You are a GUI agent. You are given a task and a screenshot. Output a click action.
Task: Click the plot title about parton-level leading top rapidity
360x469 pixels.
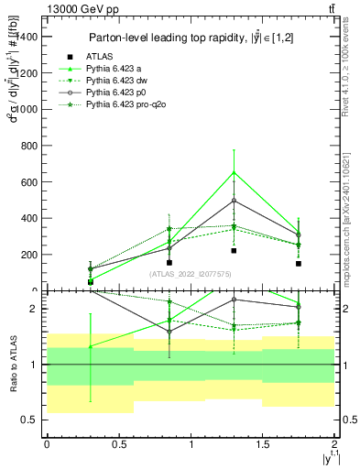(191, 38)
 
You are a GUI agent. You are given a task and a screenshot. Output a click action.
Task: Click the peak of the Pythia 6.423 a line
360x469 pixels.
(235, 171)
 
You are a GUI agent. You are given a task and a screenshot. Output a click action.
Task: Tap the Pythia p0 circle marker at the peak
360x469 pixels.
(235, 201)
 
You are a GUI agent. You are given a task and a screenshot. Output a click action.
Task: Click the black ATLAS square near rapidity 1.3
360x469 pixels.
(235, 251)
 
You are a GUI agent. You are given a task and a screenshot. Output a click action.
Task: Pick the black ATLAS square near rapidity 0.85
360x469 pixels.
(169, 262)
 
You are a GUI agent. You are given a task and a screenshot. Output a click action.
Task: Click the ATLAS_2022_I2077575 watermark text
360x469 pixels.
(190, 274)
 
